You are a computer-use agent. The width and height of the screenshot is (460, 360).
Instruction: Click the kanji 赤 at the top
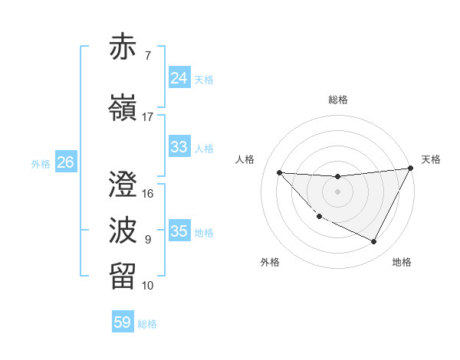click(123, 47)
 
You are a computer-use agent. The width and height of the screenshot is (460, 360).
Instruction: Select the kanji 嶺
click(123, 108)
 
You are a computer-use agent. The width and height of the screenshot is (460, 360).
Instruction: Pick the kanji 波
click(123, 231)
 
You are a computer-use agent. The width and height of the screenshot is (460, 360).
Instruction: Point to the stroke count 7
click(148, 55)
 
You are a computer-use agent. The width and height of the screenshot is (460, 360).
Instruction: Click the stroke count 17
click(148, 116)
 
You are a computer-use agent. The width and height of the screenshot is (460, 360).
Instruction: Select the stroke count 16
click(148, 193)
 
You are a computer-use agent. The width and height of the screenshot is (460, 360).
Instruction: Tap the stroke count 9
click(148, 239)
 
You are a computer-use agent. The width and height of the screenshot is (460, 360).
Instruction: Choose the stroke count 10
click(148, 286)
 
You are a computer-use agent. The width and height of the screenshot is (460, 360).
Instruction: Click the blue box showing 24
click(179, 78)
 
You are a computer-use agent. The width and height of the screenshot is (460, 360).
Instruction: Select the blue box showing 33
click(179, 147)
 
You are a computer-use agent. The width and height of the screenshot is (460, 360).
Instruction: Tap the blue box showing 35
click(179, 231)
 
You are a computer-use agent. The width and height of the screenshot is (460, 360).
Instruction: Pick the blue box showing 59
click(123, 322)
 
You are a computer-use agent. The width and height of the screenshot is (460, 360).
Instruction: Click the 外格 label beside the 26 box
click(41, 163)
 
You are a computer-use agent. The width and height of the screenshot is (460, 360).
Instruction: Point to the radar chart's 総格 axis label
click(338, 100)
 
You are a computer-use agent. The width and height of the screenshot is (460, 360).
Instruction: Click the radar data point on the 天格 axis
click(412, 169)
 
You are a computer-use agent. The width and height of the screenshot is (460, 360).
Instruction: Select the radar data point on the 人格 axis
click(279, 172)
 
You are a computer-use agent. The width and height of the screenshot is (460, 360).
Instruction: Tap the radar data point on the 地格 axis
click(374, 242)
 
